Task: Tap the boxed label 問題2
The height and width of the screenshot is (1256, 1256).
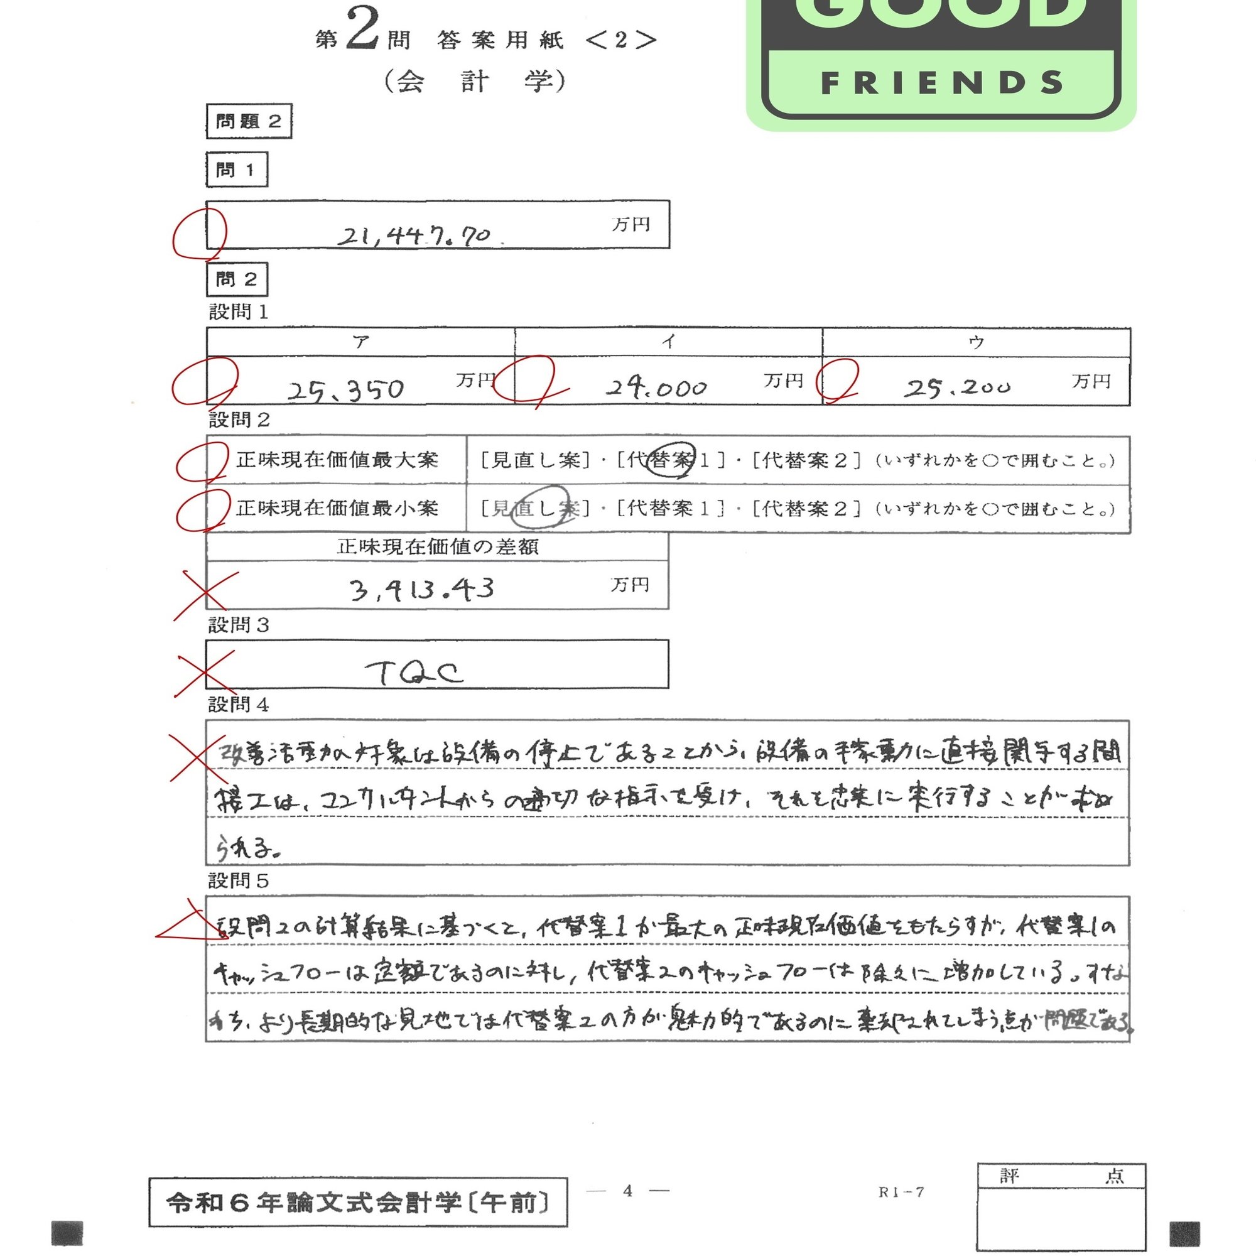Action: (x=249, y=122)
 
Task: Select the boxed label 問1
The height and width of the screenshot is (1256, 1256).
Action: (x=237, y=170)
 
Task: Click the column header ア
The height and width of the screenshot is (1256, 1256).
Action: (x=361, y=342)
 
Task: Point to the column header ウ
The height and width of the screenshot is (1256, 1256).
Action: (x=976, y=342)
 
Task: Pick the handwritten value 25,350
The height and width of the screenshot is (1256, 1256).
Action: (x=346, y=390)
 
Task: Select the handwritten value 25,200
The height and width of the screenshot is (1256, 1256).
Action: (x=957, y=388)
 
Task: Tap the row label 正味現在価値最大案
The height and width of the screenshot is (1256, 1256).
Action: (x=337, y=460)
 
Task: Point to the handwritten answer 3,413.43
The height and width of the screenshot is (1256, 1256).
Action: (x=422, y=590)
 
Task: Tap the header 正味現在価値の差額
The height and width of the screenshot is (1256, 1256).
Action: (x=438, y=547)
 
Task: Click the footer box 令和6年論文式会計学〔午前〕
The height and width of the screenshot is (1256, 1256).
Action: (x=357, y=1203)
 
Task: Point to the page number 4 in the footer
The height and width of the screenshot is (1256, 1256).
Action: (x=627, y=1190)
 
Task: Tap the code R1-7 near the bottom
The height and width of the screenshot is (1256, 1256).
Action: (x=901, y=1192)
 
